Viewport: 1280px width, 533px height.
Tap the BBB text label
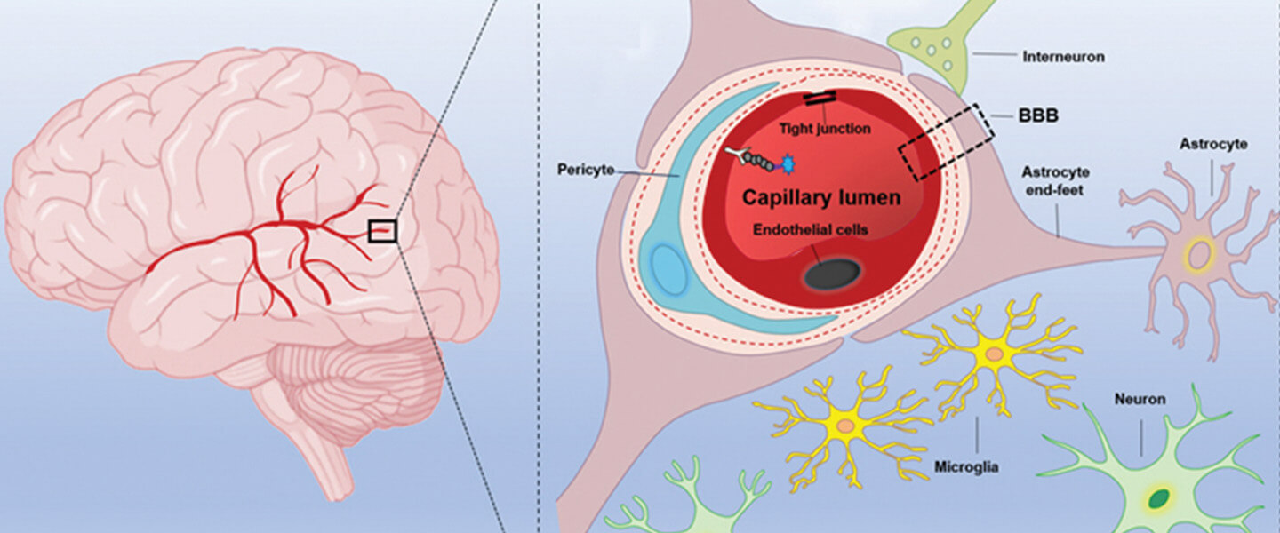pyautogui.click(x=1037, y=116)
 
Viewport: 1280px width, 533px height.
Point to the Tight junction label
pyautogui.click(x=825, y=129)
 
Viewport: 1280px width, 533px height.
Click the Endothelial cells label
pyautogui.click(x=810, y=229)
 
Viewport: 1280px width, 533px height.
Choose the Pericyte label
pyautogui.click(x=585, y=169)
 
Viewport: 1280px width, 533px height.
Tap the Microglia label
pyautogui.click(x=966, y=466)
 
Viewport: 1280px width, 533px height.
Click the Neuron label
pyautogui.click(x=1140, y=400)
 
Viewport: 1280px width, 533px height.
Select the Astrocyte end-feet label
pyautogui.click(x=1056, y=181)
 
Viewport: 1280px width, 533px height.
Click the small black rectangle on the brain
pyautogui.click(x=382, y=231)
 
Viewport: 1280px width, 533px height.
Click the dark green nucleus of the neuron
pyautogui.click(x=1158, y=498)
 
